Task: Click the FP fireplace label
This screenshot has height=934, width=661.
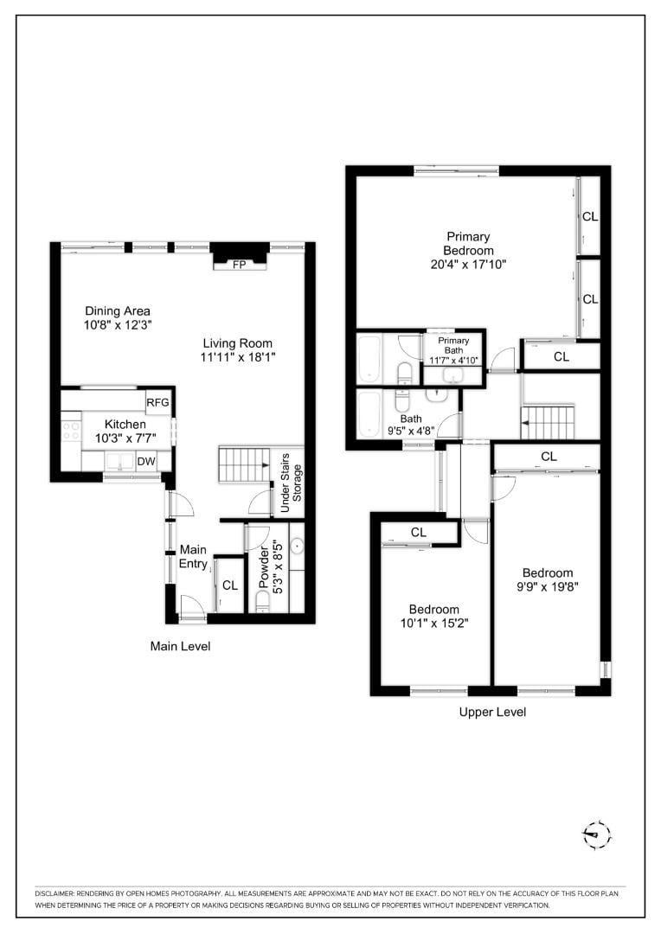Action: pyautogui.click(x=238, y=265)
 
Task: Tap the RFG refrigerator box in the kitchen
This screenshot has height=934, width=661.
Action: pyautogui.click(x=157, y=402)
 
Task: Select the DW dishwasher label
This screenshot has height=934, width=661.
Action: pyautogui.click(x=146, y=462)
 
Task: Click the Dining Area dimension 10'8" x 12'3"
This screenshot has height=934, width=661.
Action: pyautogui.click(x=118, y=327)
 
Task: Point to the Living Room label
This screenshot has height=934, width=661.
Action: pyautogui.click(x=232, y=342)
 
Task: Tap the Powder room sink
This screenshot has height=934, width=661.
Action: pyautogui.click(x=297, y=547)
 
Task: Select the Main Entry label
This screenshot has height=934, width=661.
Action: pyautogui.click(x=193, y=557)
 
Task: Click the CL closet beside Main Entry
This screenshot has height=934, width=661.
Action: pyautogui.click(x=229, y=585)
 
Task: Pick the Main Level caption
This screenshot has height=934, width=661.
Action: pyautogui.click(x=180, y=646)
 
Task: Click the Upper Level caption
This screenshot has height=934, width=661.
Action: pyautogui.click(x=492, y=712)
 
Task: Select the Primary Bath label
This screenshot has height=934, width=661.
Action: pyautogui.click(x=453, y=345)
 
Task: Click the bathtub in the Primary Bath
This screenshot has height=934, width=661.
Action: pyautogui.click(x=369, y=359)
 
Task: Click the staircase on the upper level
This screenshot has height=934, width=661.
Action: pyautogui.click(x=549, y=423)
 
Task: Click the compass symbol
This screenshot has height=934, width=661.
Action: pyautogui.click(x=596, y=835)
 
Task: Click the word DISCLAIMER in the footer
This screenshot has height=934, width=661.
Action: pyautogui.click(x=55, y=892)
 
